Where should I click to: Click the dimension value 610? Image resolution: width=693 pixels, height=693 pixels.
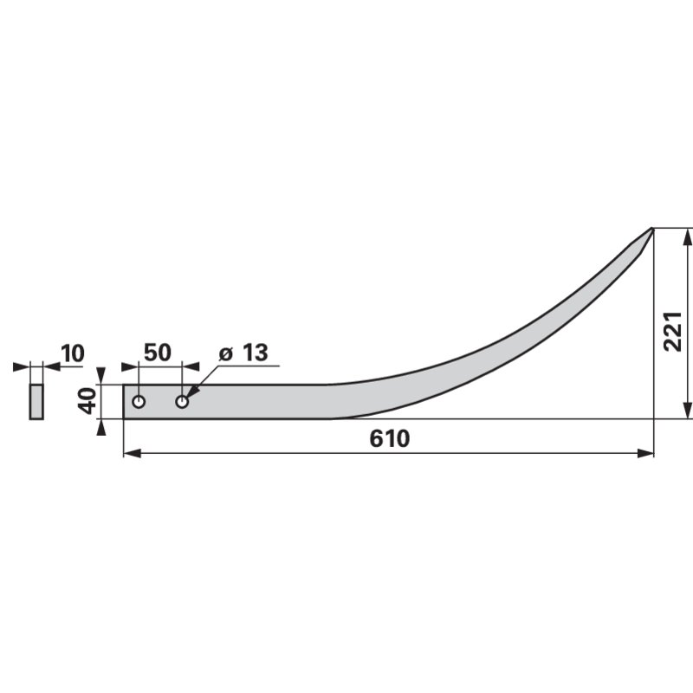[x=389, y=438]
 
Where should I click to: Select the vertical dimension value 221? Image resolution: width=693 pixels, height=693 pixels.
[x=673, y=331]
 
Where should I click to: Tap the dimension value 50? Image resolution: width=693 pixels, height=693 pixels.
[x=157, y=353]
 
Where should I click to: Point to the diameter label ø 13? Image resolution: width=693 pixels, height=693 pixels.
[x=243, y=353]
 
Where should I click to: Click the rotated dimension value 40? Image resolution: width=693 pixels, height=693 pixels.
[x=87, y=401]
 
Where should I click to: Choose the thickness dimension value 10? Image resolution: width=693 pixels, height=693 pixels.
[x=73, y=353]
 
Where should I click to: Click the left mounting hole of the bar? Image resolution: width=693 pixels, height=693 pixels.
[x=139, y=402]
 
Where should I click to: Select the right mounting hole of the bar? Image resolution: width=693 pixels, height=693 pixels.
[x=182, y=402]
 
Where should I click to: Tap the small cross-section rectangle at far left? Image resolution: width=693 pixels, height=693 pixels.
[x=36, y=402]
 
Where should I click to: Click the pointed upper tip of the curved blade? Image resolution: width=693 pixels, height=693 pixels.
[x=651, y=230]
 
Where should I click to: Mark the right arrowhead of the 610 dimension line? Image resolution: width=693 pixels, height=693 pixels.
[x=646, y=453]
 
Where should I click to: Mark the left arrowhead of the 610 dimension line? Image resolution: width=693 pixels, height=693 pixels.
[x=131, y=453]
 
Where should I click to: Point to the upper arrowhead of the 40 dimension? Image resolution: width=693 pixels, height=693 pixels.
[x=101, y=375]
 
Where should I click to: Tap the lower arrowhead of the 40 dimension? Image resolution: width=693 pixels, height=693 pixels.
[x=101, y=428]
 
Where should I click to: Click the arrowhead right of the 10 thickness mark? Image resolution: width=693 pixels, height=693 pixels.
[x=50, y=366]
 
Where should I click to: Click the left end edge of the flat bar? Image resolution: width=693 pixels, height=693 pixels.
[x=124, y=402]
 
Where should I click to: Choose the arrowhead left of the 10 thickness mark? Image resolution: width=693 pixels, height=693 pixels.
[x=22, y=366]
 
